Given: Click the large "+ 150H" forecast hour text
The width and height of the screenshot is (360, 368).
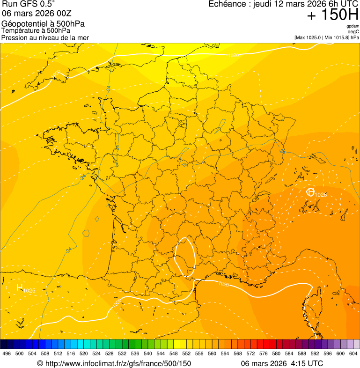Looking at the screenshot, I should coord(333,15).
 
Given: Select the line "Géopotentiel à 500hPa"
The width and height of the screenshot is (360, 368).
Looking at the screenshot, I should coord(43,24).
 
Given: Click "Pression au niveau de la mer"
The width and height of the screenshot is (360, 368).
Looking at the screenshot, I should coord(45,37).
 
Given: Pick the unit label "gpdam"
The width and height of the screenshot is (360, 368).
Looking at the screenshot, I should coord(353,26).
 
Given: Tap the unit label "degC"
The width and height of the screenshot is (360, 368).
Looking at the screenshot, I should coord(354,31).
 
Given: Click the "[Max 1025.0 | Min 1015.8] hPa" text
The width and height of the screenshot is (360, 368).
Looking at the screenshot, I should coord(327,37).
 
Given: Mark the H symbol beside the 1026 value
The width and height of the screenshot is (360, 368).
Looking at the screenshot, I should coord(310,192).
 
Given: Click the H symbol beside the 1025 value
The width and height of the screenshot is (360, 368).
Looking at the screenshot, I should coord(20,287).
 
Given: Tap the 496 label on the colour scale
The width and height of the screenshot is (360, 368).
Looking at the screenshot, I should coord(7,353).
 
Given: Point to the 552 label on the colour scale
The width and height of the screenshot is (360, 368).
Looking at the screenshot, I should coord(186,353).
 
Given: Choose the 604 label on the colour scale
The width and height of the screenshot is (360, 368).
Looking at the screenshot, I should coord(353,353).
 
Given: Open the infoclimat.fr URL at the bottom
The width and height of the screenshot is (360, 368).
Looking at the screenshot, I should coord(114,363).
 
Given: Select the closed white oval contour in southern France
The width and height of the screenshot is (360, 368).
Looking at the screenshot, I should coord(185,255).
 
